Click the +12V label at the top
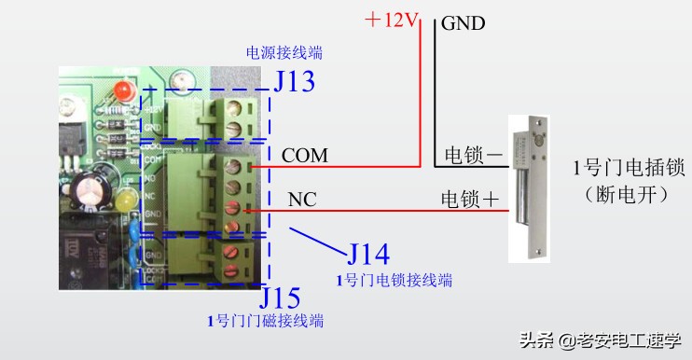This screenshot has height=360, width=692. point(392,20)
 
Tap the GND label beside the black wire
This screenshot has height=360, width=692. point(464,22)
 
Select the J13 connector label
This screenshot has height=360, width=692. point(294,82)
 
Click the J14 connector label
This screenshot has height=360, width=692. point(367,254)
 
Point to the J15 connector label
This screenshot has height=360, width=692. point(280,298)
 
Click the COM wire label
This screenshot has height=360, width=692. point(305,155)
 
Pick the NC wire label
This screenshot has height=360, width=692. point(302,199)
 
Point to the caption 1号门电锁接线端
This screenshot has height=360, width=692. point(395,279)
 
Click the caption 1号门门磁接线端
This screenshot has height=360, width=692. point(266,321)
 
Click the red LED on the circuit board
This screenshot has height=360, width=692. point(122,92)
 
